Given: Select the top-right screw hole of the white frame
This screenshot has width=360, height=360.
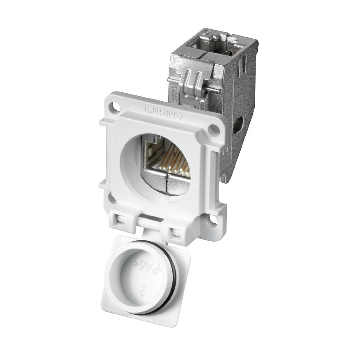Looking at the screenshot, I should (x=215, y=130).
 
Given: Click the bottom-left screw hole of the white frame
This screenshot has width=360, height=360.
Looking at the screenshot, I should (x=111, y=197).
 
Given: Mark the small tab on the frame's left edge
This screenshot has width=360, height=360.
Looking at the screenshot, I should (x=102, y=122).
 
